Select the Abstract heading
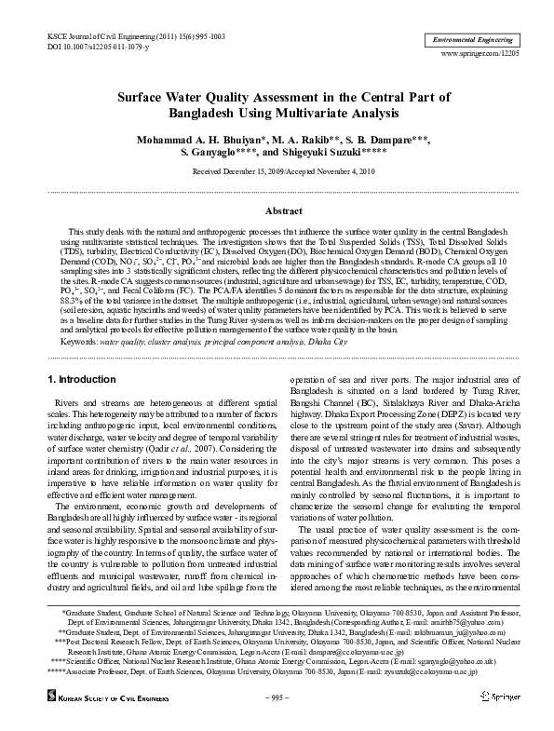tap(277, 211)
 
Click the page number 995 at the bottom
tap(277, 697)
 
